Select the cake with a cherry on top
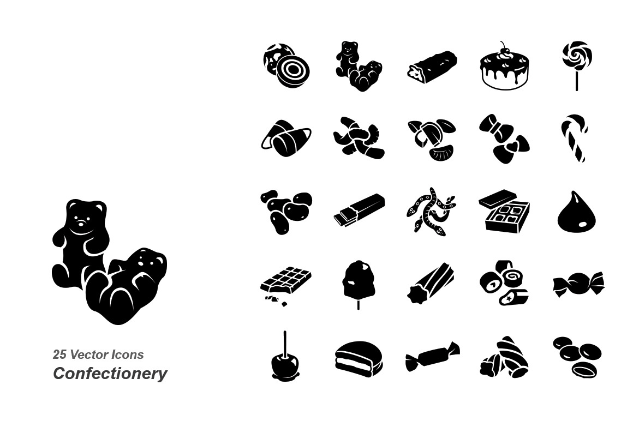(504, 69)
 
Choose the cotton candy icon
(358, 282)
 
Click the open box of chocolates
(504, 211)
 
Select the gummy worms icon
(431, 211)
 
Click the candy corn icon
(286, 139)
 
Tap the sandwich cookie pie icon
(359, 359)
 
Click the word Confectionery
(110, 373)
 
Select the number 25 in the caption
(59, 354)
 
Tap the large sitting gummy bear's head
(85, 216)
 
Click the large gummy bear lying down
(126, 286)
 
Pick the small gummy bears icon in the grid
(359, 66)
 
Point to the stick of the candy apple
(285, 344)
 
